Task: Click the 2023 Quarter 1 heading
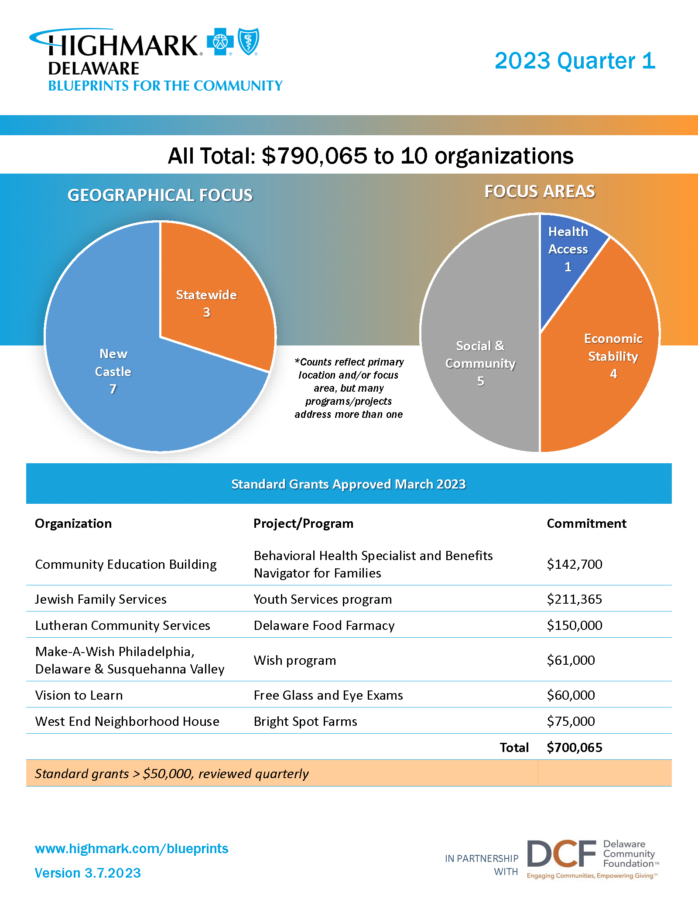coord(575,61)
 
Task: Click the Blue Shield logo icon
coord(249,41)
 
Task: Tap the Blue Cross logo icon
coord(220,42)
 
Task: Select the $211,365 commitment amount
coord(574,599)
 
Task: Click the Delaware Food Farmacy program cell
coord(324,625)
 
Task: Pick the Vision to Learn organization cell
coord(79,695)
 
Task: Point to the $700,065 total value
coord(574,747)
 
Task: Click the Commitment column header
coord(586,523)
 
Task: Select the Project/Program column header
coord(303,523)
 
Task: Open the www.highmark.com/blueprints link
coord(131,848)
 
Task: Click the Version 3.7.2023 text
coord(88,873)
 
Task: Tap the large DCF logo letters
coord(561,854)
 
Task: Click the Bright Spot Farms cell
coord(305,721)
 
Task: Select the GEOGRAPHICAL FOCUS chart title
coord(160,195)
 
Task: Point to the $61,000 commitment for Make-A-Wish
coord(571,660)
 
